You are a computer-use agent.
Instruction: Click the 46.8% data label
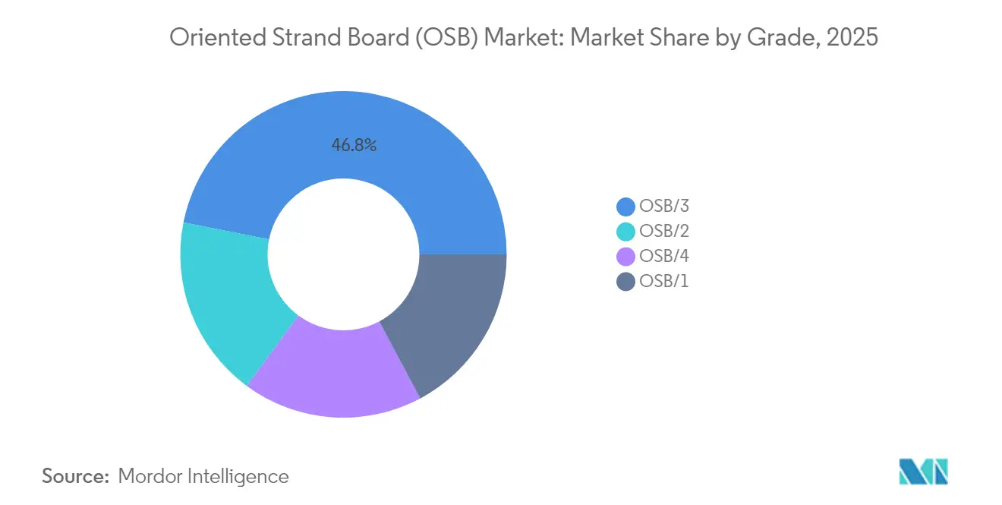coord(354,145)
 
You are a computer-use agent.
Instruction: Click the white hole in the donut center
coord(343,254)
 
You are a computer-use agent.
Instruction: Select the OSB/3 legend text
coord(664,207)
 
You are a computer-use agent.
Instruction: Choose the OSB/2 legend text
coord(664,232)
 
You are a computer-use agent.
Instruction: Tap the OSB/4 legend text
coord(664,257)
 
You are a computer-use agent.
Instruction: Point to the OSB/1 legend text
coord(664,282)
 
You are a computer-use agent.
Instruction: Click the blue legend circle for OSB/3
coord(626,207)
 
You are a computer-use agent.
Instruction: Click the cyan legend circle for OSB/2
coord(626,232)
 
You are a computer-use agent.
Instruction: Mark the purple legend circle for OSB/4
coord(626,257)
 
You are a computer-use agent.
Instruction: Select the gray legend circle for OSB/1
coord(626,282)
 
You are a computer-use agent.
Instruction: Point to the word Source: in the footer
coord(76,476)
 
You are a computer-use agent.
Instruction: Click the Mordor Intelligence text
coord(203,476)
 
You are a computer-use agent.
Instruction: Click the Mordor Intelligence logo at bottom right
coord(923,472)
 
